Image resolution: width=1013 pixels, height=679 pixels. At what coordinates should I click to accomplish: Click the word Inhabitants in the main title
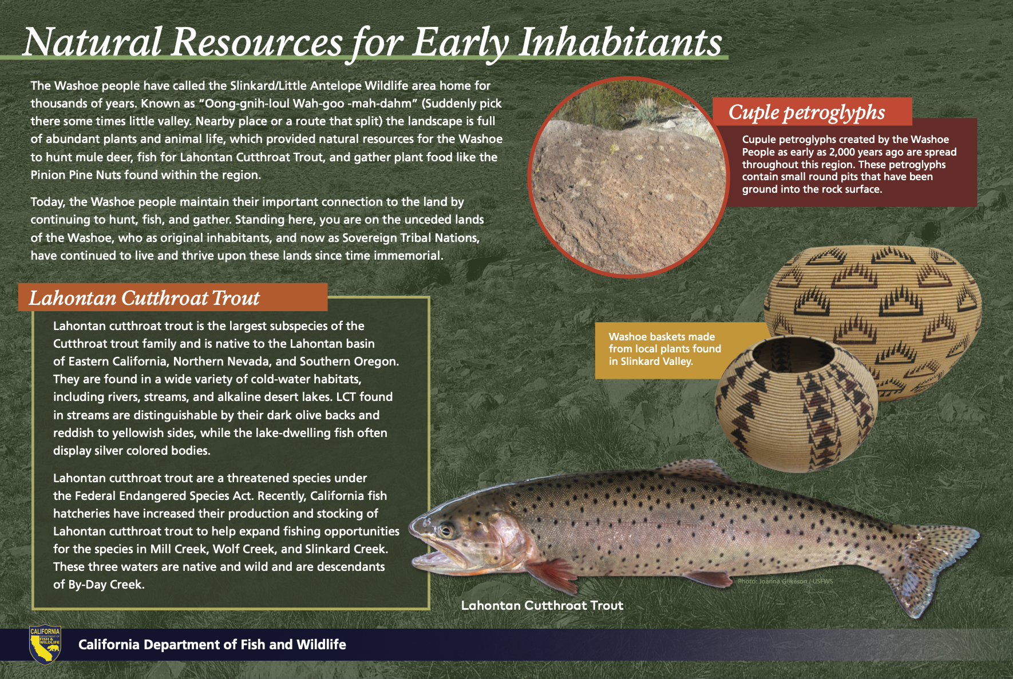click(x=620, y=42)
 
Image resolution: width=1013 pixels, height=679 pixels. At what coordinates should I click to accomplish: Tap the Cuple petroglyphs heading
click(x=806, y=112)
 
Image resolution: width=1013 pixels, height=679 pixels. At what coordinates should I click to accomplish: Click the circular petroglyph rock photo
click(x=628, y=177)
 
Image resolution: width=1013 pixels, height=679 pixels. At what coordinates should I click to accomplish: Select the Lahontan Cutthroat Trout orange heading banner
click(x=172, y=297)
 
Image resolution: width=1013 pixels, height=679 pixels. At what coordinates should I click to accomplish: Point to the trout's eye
click(x=446, y=530)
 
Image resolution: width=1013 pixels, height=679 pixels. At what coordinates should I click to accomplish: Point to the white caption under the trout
click(x=542, y=605)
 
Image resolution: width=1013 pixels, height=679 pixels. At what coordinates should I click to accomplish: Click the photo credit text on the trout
click(x=785, y=581)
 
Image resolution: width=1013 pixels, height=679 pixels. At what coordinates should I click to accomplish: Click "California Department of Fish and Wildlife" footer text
click(x=212, y=645)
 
